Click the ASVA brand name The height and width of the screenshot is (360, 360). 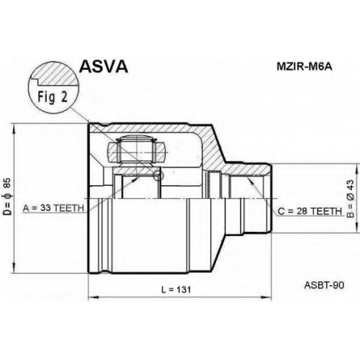tap(104, 66)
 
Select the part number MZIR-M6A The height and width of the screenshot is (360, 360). tap(305, 67)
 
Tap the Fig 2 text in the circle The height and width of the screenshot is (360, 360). tap(53, 97)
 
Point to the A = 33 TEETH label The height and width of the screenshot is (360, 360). tap(53, 208)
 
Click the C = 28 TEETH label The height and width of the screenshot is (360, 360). tap(310, 211)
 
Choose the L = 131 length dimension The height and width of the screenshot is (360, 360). tap(176, 289)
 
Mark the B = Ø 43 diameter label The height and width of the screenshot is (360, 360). tap(351, 199)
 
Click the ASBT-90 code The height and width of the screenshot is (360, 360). tap(324, 285)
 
